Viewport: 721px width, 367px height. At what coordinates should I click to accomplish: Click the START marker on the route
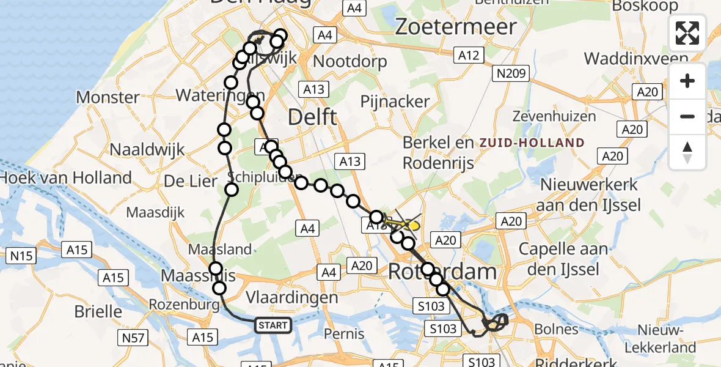(273, 325)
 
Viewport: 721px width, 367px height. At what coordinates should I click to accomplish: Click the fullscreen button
(687, 33)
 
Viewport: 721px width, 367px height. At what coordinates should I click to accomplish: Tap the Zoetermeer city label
(456, 26)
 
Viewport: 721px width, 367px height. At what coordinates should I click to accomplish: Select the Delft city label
(312, 116)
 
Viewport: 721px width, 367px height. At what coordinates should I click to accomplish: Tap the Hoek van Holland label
(66, 178)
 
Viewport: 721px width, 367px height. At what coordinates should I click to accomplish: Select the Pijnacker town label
(395, 102)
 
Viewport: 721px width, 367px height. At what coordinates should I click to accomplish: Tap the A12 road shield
(469, 56)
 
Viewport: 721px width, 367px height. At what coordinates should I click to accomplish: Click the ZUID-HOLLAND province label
(532, 143)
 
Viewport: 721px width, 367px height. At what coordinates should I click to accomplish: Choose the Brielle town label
(98, 311)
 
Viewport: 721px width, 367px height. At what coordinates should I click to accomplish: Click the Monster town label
(108, 97)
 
